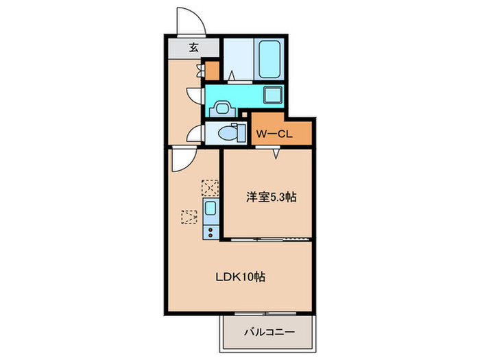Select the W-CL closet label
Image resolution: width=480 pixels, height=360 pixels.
(274, 134)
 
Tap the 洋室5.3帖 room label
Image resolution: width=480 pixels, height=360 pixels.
(272, 197)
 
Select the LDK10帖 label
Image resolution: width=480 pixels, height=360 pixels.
(241, 278)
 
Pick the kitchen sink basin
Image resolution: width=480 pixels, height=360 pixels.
(211, 208)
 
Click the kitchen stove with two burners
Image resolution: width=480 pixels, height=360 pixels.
(210, 229)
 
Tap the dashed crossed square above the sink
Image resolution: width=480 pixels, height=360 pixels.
(209, 187)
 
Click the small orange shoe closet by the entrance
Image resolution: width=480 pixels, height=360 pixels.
(212, 69)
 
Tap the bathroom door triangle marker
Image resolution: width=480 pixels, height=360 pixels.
(231, 77)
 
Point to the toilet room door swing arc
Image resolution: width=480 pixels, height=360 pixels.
(193, 134)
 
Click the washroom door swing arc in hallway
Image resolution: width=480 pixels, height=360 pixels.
(195, 96)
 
